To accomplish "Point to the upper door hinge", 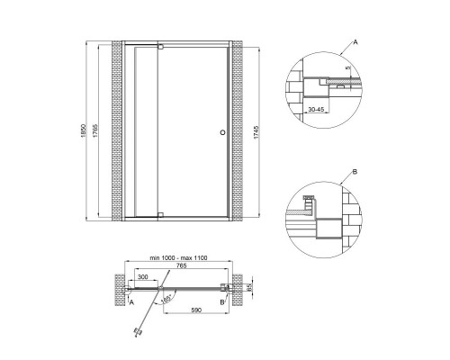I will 159,48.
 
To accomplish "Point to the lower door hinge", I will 159,214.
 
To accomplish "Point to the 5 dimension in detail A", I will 346,67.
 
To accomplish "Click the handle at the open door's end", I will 138,330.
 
